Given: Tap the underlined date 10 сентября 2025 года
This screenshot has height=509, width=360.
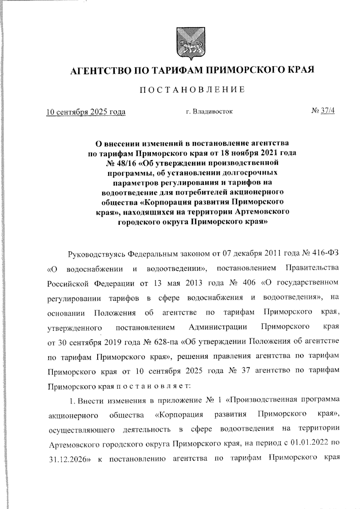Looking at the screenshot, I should (x=86, y=112).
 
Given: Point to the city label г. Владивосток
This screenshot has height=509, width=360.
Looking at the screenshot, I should (x=209, y=112).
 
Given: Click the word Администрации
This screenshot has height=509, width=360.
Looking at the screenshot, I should (x=218, y=327).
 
